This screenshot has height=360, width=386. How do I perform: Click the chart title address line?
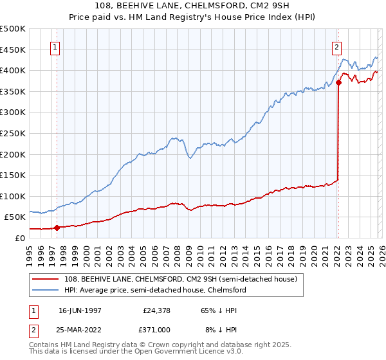coord(193,6)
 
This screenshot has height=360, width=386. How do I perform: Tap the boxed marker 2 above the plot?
coord(336,47)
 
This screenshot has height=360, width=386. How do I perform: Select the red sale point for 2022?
coord(338,82)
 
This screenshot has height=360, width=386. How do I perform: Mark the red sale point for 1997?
coord(57,227)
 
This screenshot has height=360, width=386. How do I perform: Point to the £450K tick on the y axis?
coord(13,50)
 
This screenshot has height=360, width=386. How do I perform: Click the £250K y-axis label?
coord(13,133)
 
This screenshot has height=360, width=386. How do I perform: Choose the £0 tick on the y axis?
coord(19,237)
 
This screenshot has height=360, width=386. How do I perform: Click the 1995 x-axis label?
coord(29,251)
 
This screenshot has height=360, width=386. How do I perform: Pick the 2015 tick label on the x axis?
coord(255,251)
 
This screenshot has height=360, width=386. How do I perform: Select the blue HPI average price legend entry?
coord(154,290)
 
